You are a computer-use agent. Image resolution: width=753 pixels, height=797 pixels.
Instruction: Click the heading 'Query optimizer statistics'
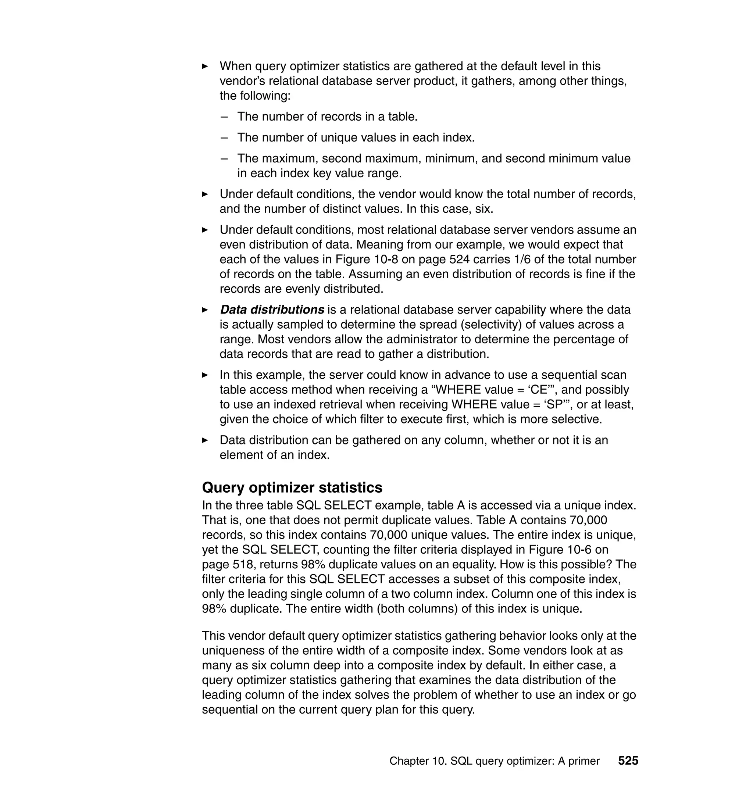coord(292,487)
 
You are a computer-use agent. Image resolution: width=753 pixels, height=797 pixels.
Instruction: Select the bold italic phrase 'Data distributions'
coord(272,310)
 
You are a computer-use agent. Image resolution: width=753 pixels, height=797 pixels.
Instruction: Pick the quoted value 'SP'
coord(555,404)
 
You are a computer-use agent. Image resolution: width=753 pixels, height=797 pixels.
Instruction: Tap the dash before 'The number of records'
coord(224,117)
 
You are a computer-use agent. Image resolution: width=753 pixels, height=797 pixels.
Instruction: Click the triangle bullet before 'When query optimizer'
coord(205,66)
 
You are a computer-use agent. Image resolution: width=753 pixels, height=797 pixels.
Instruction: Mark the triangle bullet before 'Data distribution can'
coord(205,440)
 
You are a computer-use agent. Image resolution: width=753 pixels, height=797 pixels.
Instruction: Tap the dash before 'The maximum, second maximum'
coord(224,158)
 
